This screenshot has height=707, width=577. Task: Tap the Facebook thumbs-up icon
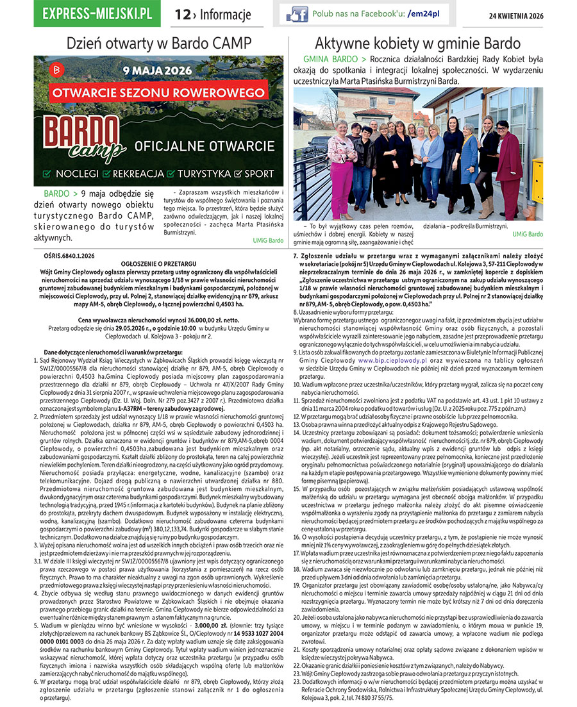[x=296, y=14]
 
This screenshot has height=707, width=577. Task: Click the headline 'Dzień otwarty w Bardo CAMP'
[x=159, y=44]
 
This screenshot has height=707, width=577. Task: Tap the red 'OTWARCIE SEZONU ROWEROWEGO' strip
[x=159, y=92]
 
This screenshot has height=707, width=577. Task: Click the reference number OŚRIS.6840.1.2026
[x=65, y=256]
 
